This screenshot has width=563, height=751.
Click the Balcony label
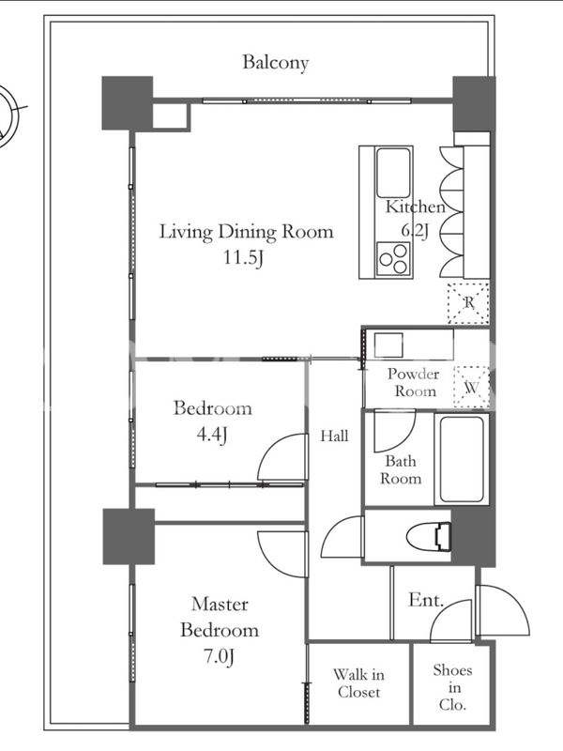(275, 62)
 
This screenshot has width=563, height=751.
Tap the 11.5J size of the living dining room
(244, 258)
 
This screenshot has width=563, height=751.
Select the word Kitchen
(415, 207)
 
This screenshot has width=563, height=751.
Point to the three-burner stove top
(393, 259)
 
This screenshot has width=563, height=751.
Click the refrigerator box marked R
(468, 303)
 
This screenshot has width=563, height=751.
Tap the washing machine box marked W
(472, 387)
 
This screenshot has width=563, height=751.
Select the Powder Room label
(413, 382)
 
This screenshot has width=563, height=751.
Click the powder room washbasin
(388, 345)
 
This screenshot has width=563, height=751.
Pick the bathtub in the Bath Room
(462, 459)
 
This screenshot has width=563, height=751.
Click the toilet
(429, 536)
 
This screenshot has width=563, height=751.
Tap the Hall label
(334, 436)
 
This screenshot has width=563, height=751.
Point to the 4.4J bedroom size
(211, 435)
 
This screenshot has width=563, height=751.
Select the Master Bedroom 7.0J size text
(220, 656)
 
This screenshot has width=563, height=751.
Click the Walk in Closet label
(358, 683)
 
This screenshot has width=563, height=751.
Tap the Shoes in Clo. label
(452, 687)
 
